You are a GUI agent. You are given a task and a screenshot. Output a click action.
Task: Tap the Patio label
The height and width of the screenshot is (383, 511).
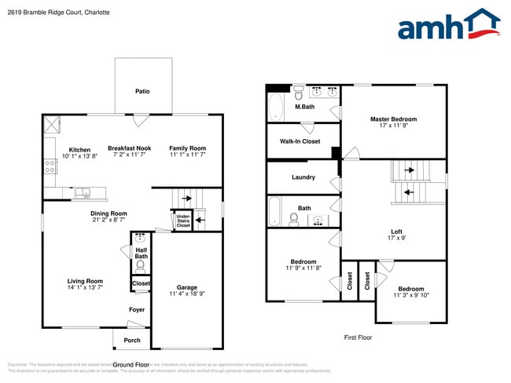point(142,91)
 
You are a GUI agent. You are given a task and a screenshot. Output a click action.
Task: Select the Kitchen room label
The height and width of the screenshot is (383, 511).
point(79,149)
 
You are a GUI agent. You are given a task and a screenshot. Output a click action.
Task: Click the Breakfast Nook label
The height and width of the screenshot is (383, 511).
point(130,148)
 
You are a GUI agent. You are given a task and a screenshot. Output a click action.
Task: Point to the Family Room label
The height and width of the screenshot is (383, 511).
point(187,148)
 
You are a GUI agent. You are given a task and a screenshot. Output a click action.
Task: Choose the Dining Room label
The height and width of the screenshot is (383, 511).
point(108,213)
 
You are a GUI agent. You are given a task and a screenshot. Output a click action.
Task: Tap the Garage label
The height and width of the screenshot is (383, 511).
point(186,287)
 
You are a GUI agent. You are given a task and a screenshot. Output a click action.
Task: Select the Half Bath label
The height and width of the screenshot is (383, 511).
point(142,253)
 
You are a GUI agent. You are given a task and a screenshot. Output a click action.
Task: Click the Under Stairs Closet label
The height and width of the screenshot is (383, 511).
point(182,221)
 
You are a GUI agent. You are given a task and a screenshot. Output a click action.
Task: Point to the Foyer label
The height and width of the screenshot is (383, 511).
point(137,310)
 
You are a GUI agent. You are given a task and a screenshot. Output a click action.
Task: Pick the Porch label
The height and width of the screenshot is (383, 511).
point(132,340)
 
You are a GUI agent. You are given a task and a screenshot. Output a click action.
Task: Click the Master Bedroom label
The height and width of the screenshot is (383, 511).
point(393,119)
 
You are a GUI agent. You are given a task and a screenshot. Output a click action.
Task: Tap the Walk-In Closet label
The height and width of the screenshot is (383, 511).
point(300,141)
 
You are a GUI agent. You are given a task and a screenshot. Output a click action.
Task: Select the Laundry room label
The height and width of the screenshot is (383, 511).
point(303,177)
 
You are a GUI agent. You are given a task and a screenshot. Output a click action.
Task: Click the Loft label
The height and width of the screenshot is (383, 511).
point(397,232)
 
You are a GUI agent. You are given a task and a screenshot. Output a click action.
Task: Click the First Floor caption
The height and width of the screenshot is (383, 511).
point(358,337)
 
